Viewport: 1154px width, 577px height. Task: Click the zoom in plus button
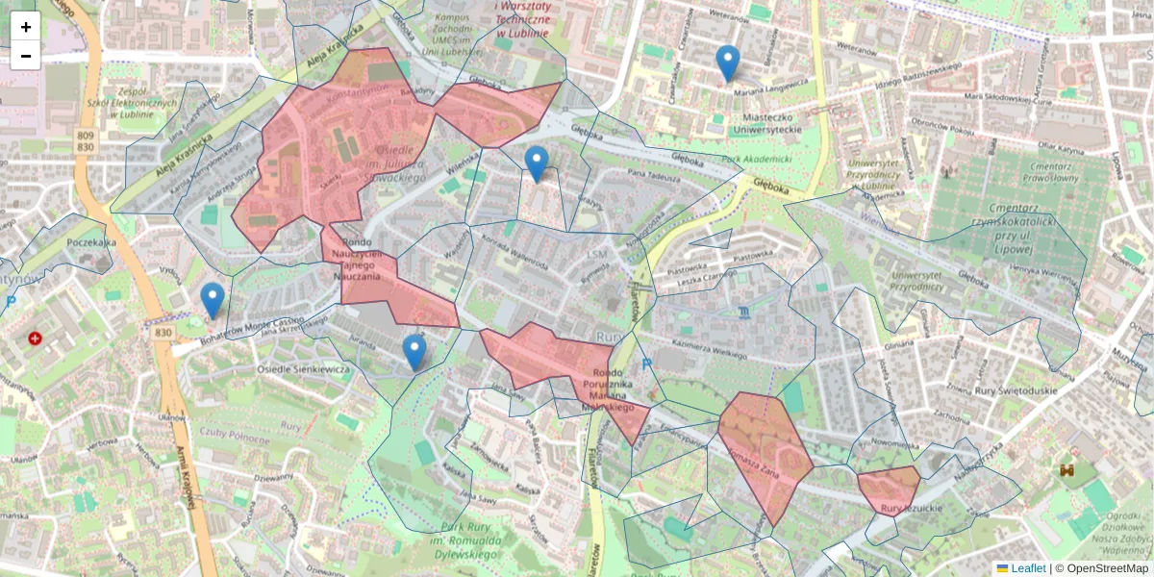[26, 27]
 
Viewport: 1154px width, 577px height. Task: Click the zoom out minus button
[26, 56]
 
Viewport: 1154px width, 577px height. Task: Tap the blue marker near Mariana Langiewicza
[728, 63]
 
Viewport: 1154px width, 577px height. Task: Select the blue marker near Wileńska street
[537, 164]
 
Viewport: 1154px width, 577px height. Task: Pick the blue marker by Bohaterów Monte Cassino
[213, 300]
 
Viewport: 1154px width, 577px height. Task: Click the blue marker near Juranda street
[414, 352]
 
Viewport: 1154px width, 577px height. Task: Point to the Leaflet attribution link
[1028, 568]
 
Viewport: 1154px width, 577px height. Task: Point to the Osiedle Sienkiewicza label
[304, 369]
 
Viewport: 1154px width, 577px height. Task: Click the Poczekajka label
[91, 243]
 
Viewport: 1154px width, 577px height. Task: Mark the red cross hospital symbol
[36, 339]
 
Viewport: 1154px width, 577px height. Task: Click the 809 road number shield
[86, 136]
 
